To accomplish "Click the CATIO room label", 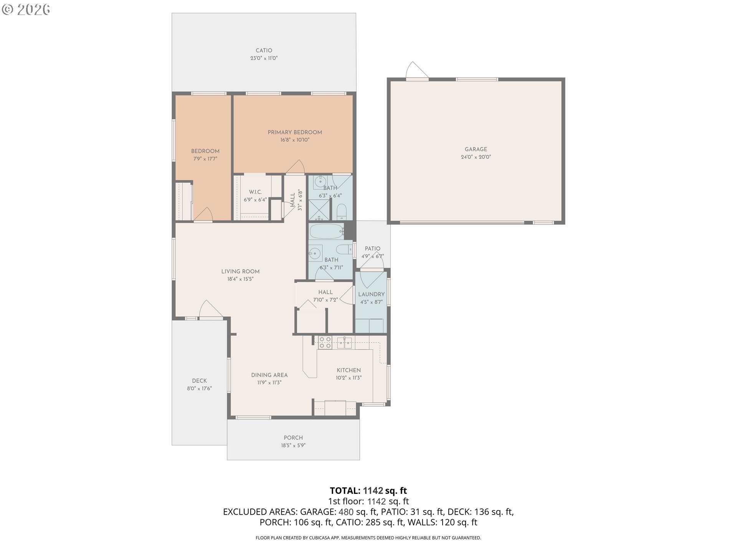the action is (264, 50).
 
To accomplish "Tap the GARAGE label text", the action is (476, 149).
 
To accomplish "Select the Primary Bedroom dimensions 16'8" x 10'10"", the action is (294, 140).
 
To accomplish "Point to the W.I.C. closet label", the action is (255, 192).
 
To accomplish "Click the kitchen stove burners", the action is (325, 343).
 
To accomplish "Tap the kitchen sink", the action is (344, 343).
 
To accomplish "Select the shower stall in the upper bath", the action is (319, 210).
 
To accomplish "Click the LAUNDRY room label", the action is (371, 295).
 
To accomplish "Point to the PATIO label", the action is (372, 248).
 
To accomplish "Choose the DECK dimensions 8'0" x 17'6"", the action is (199, 388).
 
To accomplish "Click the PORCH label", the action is (293, 438).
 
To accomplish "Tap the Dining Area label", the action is (269, 375).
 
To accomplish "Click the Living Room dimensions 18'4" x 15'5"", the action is (240, 279).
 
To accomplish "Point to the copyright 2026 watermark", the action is (26, 10).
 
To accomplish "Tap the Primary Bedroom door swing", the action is (295, 167).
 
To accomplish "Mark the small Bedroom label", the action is (205, 151).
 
